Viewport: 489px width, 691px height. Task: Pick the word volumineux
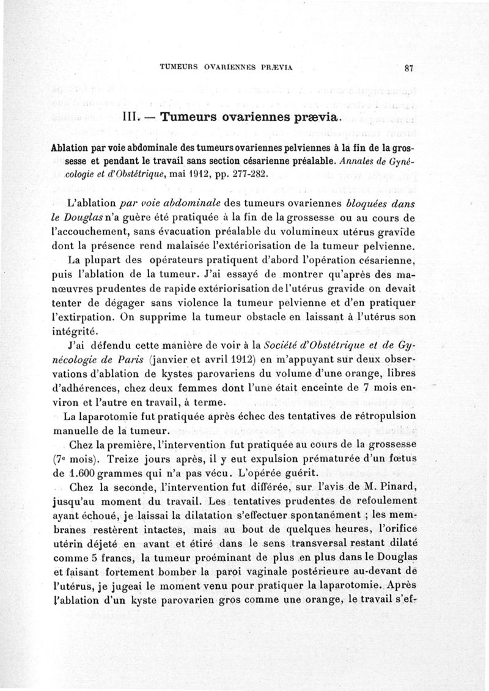click(x=313, y=233)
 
